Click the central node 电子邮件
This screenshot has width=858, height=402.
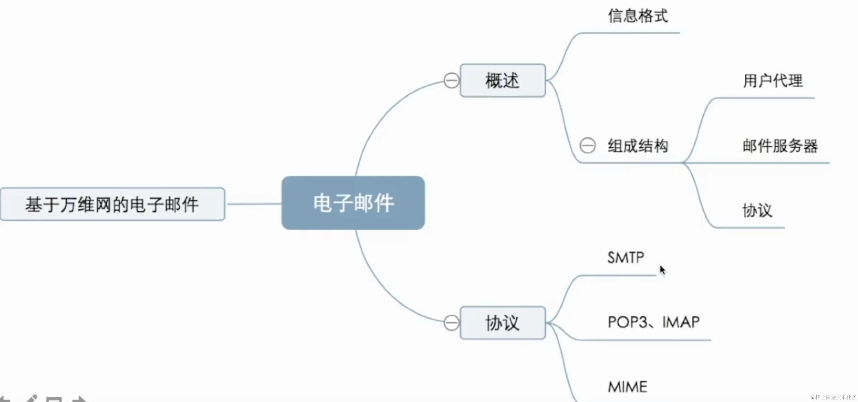(353, 203)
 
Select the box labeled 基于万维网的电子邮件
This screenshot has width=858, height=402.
(112, 204)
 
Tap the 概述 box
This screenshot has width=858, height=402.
(502, 81)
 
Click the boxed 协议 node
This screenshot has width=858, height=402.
(502, 323)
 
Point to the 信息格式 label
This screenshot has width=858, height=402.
(638, 16)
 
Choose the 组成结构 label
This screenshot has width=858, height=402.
(638, 146)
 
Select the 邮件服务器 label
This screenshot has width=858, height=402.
(780, 146)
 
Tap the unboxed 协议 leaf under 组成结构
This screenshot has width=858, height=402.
(757, 211)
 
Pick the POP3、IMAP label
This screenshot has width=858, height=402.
(653, 322)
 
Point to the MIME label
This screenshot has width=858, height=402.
(628, 387)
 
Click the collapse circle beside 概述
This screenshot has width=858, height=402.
(451, 81)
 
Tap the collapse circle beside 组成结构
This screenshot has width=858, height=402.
(587, 146)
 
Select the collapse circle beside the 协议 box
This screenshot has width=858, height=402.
(451, 323)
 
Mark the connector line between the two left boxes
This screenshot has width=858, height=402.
(253, 204)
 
